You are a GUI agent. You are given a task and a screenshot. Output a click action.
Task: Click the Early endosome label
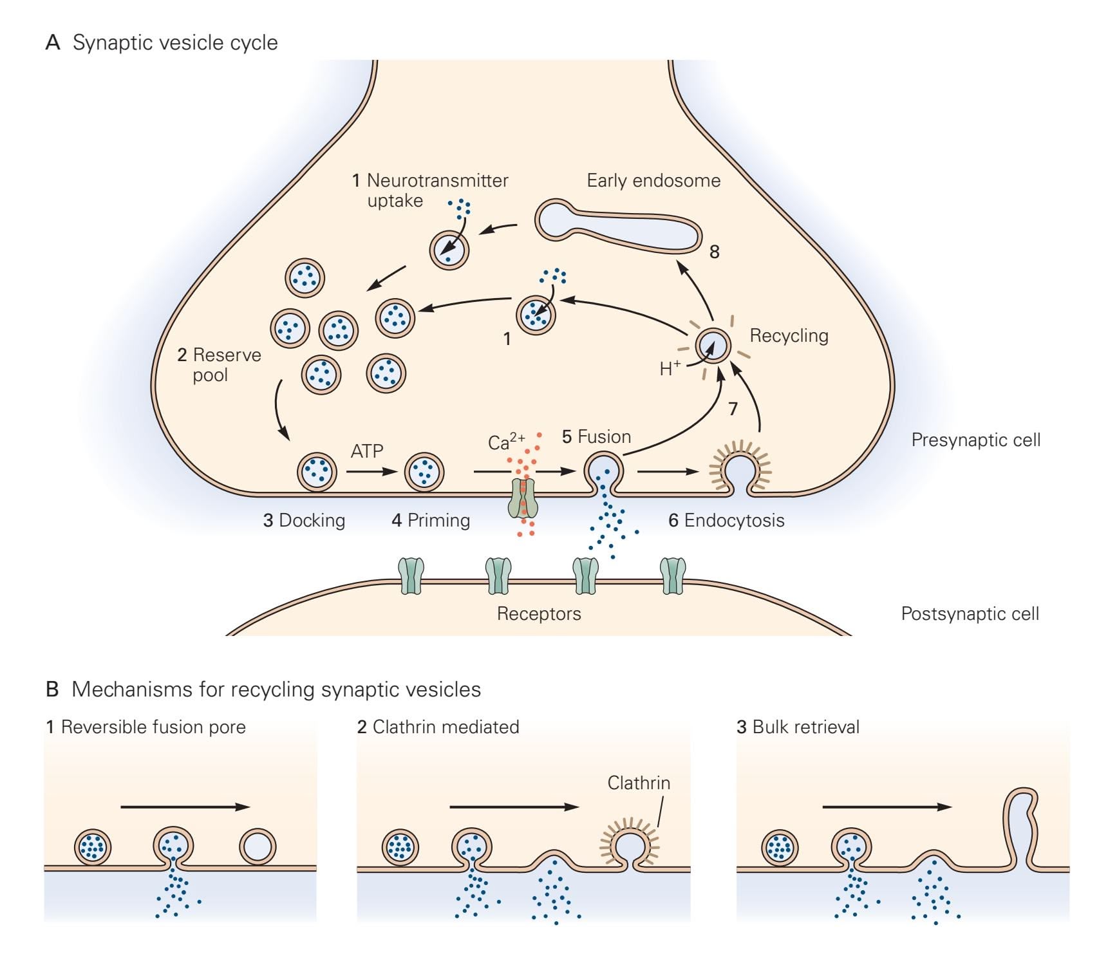click(653, 181)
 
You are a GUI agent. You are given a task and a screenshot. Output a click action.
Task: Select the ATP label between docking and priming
click(367, 451)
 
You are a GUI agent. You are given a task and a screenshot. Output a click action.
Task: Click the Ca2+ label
click(506, 442)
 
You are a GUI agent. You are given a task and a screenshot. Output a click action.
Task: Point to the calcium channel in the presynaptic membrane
click(523, 498)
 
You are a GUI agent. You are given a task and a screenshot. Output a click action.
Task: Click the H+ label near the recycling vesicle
click(670, 369)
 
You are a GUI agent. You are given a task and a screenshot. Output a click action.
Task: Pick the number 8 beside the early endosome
click(714, 252)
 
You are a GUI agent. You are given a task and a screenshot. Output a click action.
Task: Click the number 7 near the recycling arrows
click(733, 408)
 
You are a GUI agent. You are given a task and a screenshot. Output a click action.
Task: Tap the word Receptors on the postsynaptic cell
click(539, 614)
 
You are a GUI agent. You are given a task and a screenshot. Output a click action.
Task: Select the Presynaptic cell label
click(975, 440)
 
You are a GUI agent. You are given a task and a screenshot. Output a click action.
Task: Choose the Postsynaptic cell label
click(970, 614)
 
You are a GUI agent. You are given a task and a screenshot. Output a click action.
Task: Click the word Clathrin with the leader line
click(639, 783)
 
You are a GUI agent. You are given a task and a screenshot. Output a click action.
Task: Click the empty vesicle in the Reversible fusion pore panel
click(258, 846)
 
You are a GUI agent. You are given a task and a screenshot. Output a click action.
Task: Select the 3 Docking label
click(304, 521)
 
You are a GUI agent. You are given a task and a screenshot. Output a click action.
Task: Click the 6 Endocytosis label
click(726, 521)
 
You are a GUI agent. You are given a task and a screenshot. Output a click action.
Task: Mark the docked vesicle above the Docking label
click(317, 472)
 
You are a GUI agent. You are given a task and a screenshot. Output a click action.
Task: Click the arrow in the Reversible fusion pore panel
click(185, 807)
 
